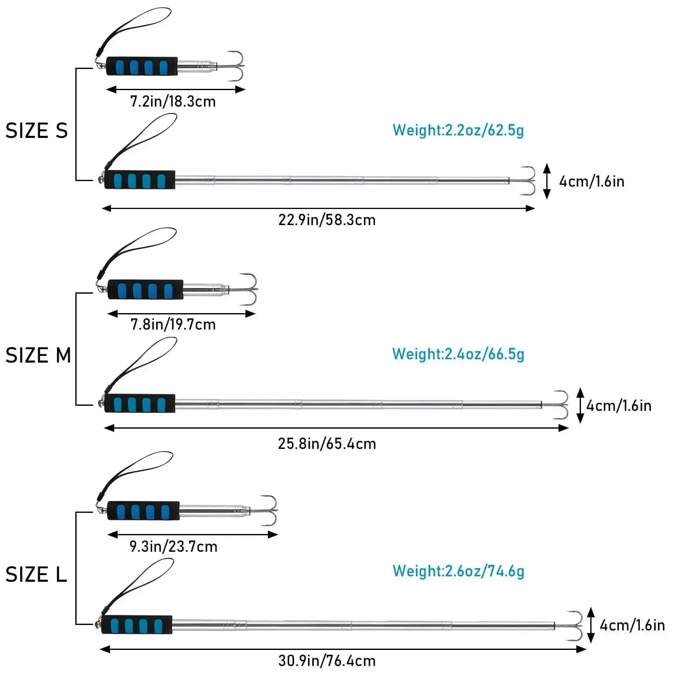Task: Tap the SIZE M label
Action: click(38, 355)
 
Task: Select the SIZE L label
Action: click(36, 574)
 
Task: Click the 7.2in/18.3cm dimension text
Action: click(173, 102)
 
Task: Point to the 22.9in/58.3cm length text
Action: click(327, 220)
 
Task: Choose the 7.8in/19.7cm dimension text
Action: click(173, 325)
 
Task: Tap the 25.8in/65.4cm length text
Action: click(327, 444)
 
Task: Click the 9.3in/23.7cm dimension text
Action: click(173, 547)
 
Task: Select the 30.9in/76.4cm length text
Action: click(327, 661)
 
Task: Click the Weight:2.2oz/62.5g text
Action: click(458, 130)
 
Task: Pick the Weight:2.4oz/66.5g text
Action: click(458, 354)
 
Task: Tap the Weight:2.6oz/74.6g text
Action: click(458, 571)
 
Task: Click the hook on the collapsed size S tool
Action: click(235, 66)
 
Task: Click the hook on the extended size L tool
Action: click(574, 626)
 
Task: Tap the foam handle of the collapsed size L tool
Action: click(143, 511)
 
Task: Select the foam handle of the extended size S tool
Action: click(140, 180)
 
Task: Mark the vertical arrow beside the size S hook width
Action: click(547, 181)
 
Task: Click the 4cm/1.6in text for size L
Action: click(632, 625)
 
